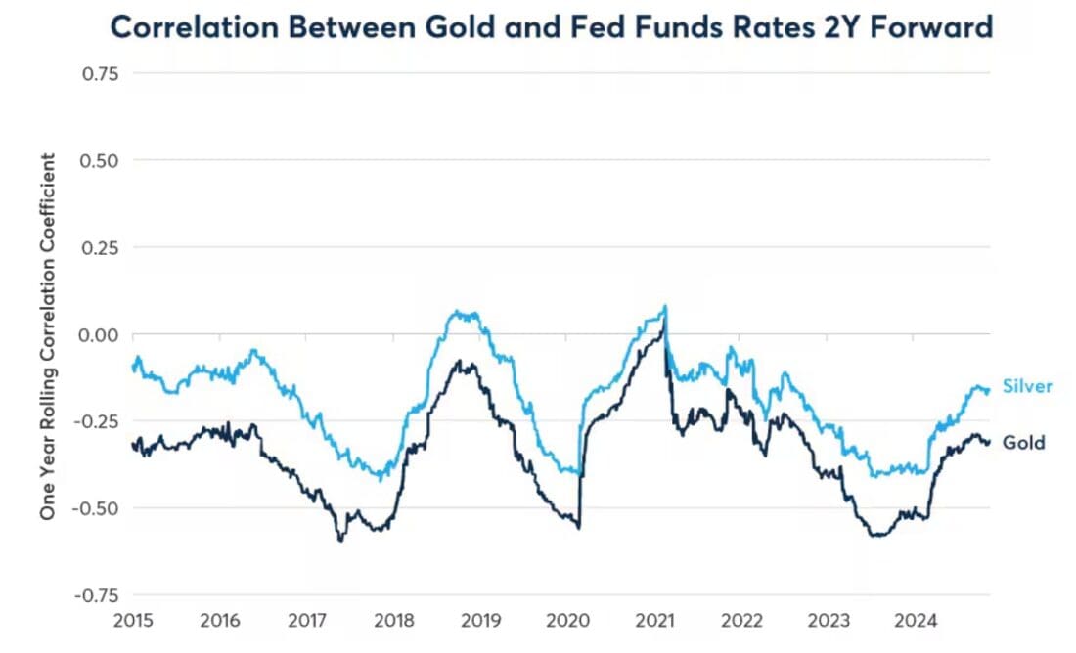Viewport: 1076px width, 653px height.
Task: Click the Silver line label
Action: (x=1027, y=386)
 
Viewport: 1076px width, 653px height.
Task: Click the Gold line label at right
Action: (x=1023, y=443)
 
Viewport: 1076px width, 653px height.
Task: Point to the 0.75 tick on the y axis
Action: (x=100, y=72)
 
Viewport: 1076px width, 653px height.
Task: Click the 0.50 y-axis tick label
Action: (x=100, y=159)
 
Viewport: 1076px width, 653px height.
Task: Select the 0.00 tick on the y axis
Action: (x=100, y=334)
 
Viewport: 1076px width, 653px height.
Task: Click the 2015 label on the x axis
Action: (x=133, y=620)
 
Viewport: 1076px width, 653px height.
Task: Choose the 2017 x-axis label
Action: (x=307, y=620)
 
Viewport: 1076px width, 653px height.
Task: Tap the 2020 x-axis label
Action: (x=567, y=620)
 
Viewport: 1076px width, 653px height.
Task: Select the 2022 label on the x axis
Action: (x=740, y=620)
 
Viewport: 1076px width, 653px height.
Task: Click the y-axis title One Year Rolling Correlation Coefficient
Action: (x=47, y=334)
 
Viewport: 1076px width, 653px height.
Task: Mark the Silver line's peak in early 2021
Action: (x=666, y=306)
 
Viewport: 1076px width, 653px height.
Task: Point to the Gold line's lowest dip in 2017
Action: (x=340, y=540)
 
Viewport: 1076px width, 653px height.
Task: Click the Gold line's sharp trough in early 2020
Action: (x=578, y=528)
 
